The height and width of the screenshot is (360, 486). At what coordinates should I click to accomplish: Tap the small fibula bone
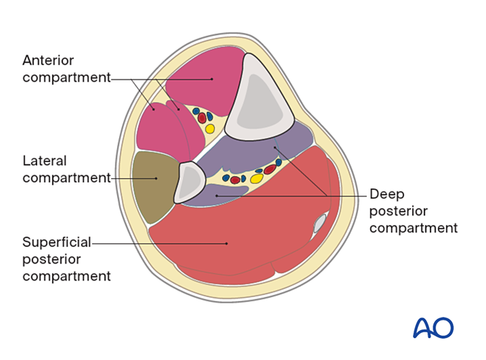[x=188, y=180]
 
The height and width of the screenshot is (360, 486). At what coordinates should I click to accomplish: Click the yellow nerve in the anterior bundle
[x=210, y=129]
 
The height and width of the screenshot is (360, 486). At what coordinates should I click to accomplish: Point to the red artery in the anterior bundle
[x=202, y=118]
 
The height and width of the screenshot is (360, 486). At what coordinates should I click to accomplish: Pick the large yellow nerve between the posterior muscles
[x=257, y=178]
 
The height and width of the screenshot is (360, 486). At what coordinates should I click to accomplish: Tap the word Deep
[x=386, y=194]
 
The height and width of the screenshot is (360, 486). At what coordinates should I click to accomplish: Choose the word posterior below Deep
[x=399, y=211]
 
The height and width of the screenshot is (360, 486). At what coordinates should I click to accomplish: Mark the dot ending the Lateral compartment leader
[x=156, y=177]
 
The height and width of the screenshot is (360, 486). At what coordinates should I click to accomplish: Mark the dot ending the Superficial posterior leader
[x=226, y=243]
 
